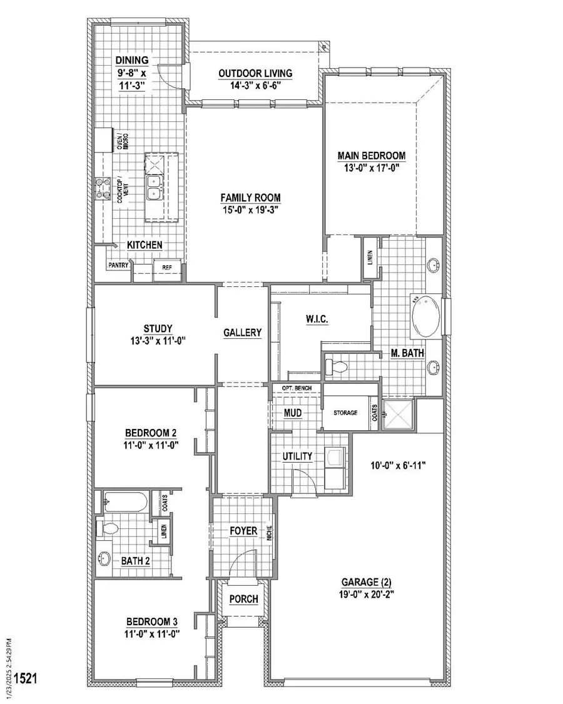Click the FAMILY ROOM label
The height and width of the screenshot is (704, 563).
(250, 198)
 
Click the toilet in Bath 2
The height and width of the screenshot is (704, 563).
(108, 529)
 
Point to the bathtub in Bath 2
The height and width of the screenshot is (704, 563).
(126, 501)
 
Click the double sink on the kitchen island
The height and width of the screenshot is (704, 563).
(155, 186)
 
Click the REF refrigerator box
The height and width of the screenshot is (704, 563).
(167, 268)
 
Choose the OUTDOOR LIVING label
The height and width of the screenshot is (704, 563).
(255, 73)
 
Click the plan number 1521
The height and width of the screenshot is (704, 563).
(24, 678)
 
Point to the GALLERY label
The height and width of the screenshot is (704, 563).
(243, 333)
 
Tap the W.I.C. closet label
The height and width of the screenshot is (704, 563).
(317, 319)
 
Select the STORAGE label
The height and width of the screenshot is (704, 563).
(345, 413)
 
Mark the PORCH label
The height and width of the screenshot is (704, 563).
(243, 599)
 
